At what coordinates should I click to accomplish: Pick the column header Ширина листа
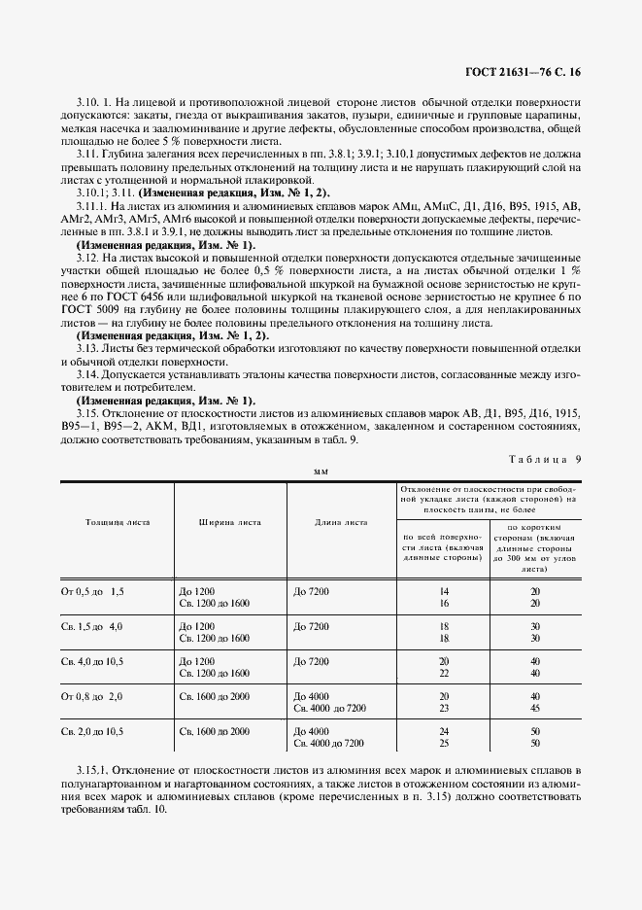coord(230,521)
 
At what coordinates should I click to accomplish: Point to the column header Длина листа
coord(342,521)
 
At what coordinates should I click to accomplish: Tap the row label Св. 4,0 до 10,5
coord(94,661)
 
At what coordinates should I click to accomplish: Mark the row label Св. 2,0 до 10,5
coord(94,731)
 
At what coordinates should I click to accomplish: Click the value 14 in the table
coord(443,590)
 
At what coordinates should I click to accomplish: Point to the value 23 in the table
coord(443,709)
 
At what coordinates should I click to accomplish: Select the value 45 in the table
coord(535,709)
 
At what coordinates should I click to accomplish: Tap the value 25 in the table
coord(443,744)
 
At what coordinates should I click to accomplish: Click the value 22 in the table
coord(443,673)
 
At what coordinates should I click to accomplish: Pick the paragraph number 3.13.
coord(88,348)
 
